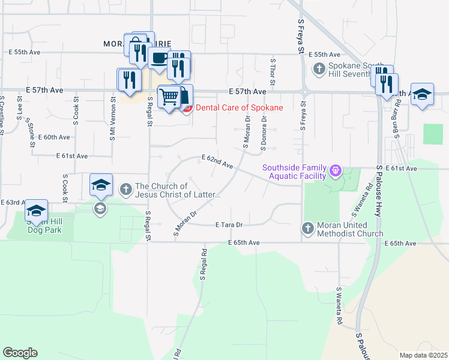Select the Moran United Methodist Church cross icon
coord(307,228)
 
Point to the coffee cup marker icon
coord(160,59)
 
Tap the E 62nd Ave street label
coord(217,160)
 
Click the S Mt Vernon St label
coord(112,119)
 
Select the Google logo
coord(20,353)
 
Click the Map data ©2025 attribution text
coord(423,355)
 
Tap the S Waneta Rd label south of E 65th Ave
coord(339,306)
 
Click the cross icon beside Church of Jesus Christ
coord(126,190)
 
